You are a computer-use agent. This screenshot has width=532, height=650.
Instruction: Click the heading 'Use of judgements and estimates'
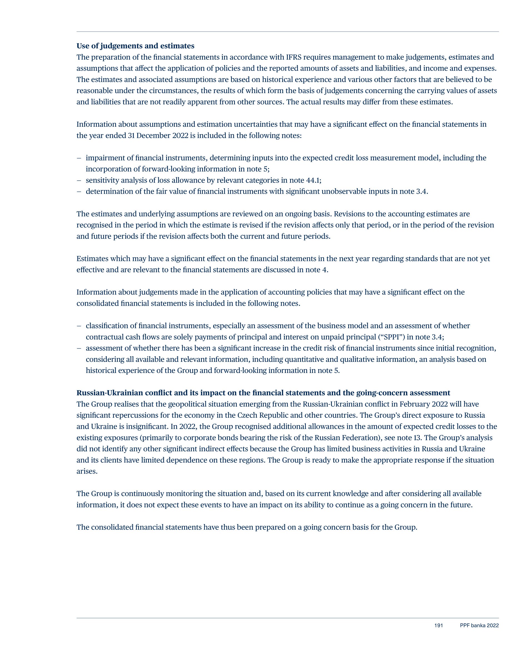[135, 46]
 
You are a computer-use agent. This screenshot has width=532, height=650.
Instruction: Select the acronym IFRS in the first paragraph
[294, 57]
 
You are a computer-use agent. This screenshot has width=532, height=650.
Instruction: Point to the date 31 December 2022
[158, 135]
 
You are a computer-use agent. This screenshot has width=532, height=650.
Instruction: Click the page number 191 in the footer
[439, 626]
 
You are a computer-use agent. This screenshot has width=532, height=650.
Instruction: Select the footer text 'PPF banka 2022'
[479, 626]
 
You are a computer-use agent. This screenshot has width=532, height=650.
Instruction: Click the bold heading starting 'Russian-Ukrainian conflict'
[263, 393]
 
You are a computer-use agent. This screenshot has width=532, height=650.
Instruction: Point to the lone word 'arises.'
[87, 471]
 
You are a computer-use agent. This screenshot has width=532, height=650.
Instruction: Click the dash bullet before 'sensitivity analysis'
[79, 180]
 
